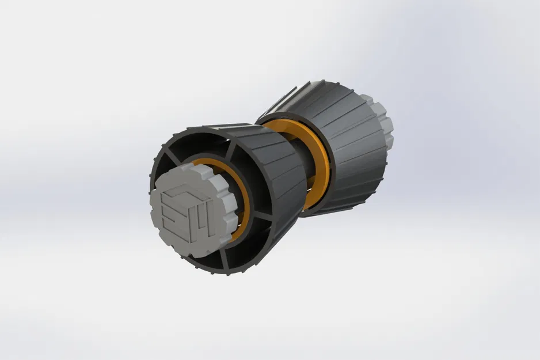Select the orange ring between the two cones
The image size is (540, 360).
pyautogui.click(x=322, y=167)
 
